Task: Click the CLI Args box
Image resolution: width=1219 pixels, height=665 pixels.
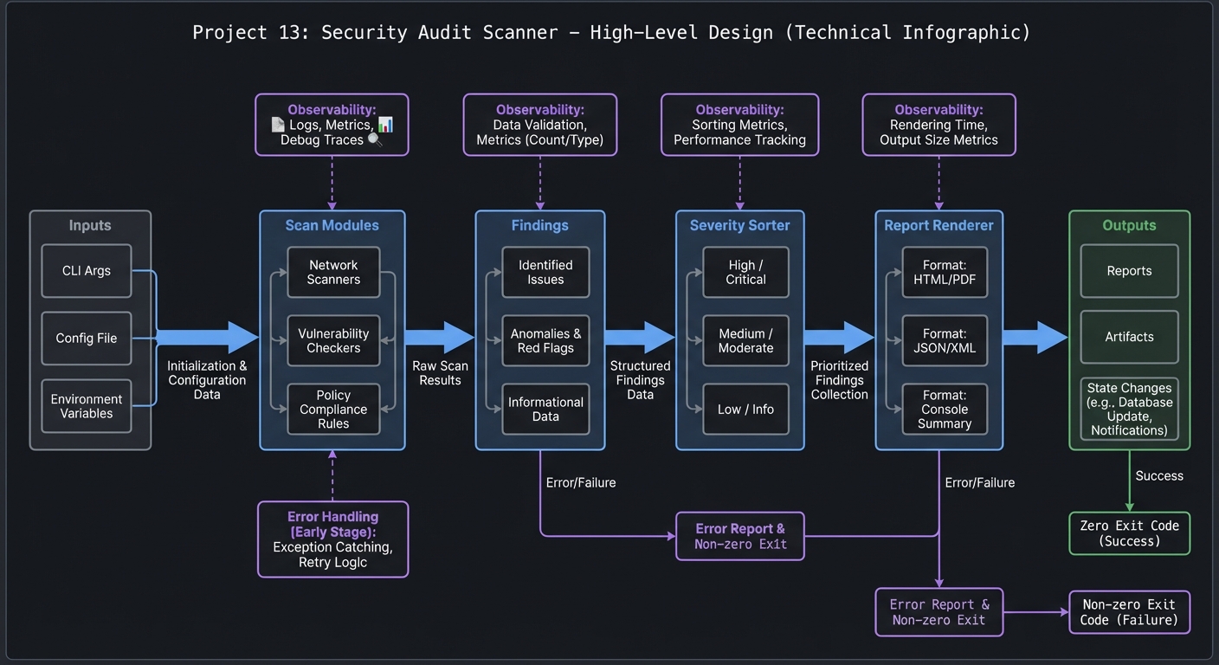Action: [x=86, y=271]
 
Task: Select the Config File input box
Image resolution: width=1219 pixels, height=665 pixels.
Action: [x=86, y=339]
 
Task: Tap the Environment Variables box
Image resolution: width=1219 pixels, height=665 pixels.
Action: [x=86, y=406]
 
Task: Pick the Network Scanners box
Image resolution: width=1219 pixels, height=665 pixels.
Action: [x=333, y=272]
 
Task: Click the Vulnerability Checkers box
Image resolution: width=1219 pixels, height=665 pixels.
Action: [x=333, y=340]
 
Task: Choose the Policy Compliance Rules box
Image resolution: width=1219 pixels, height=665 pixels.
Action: [x=333, y=409]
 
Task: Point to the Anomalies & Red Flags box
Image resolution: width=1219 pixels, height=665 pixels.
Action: [x=545, y=340]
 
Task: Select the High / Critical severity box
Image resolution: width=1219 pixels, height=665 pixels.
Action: [x=745, y=272]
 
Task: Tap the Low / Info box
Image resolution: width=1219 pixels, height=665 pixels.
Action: [x=745, y=409]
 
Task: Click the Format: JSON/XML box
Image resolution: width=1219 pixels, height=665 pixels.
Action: [x=944, y=340]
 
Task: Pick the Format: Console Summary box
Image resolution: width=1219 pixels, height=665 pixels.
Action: [x=944, y=409]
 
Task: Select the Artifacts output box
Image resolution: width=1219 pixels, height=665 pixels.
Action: [x=1129, y=337]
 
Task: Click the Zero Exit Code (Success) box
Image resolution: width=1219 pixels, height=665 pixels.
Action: [x=1129, y=533]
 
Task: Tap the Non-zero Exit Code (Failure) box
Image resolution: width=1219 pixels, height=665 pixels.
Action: [x=1129, y=612]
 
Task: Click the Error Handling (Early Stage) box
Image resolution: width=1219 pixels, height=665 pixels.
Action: [x=332, y=539]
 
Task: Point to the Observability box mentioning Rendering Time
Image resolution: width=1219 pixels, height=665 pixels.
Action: [x=938, y=125]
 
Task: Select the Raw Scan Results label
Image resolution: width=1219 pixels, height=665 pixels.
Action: [x=440, y=373]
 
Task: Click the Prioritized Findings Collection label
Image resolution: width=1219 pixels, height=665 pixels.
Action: [x=839, y=380]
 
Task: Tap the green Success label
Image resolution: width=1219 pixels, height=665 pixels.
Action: [x=1158, y=475]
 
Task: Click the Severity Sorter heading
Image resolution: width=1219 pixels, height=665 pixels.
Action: [x=739, y=225]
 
